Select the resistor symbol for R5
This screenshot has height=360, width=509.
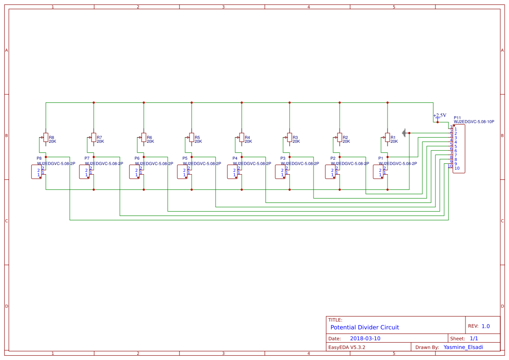coord(192,138)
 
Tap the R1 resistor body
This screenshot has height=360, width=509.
coord(388,138)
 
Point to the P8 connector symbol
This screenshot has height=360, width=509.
coord(36,172)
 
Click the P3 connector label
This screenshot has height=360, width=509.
coord(283,158)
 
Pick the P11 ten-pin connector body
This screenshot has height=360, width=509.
coord(459,148)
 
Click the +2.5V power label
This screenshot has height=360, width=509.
coord(440,115)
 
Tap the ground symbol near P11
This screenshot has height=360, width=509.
coord(405,133)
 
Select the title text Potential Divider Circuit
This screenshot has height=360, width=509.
coord(364,327)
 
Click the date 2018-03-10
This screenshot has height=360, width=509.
coord(365,338)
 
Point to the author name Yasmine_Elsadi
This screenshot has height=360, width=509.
coord(463,347)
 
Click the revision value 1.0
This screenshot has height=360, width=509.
coord(485,326)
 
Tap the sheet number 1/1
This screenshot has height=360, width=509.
coord(474,338)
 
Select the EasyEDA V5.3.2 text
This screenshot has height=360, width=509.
coord(347,347)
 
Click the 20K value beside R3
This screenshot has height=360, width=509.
coord(296,141)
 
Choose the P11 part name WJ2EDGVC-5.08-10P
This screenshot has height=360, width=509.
coord(474,122)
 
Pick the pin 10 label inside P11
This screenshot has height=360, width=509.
coord(457,168)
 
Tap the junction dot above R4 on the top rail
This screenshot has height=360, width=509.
coord(242,103)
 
